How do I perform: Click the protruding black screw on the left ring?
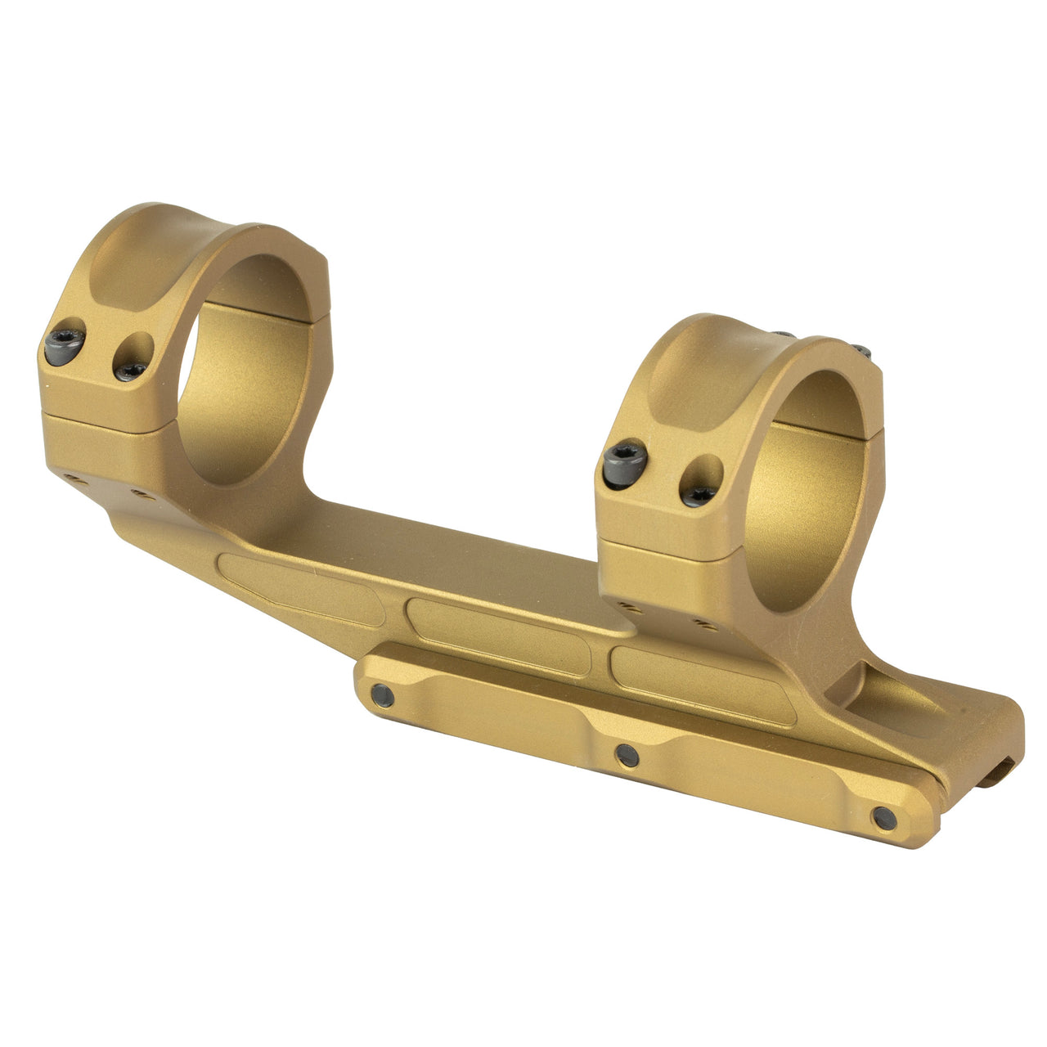point(65,347)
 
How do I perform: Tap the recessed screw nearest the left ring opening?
point(131,371)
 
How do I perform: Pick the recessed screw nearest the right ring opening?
point(699,495)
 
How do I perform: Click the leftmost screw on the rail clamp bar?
point(381,694)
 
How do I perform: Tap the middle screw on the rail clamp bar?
point(627,754)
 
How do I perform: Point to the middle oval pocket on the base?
point(498,636)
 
